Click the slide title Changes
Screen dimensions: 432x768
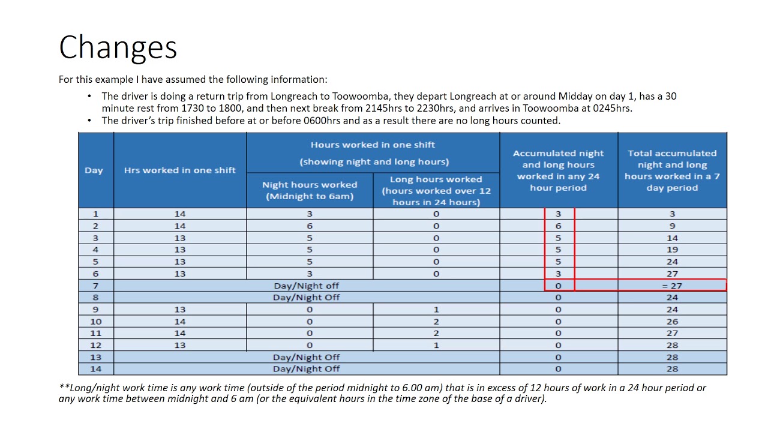pyautogui.click(x=118, y=47)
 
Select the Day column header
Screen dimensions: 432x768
pyautogui.click(x=94, y=170)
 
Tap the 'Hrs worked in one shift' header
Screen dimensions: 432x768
pyautogui.click(x=180, y=170)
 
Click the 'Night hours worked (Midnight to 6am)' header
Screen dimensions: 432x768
pyautogui.click(x=310, y=190)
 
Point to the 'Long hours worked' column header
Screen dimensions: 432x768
pyautogui.click(x=436, y=190)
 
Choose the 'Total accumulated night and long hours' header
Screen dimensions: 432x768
pyautogui.click(x=672, y=170)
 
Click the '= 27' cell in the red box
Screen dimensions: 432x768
pyautogui.click(x=672, y=286)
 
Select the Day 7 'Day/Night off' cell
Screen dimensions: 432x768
pyautogui.click(x=307, y=286)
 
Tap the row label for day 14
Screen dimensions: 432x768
pyautogui.click(x=95, y=369)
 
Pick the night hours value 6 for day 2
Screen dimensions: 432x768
pyautogui.click(x=310, y=226)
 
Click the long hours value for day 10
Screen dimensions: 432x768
pyautogui.click(x=436, y=322)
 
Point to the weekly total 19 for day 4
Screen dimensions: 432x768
pyautogui.click(x=672, y=250)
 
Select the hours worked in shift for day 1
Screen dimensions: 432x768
pyautogui.click(x=180, y=214)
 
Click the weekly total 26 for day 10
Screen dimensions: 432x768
pyautogui.click(x=672, y=322)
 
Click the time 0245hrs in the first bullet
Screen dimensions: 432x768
pyautogui.click(x=610, y=109)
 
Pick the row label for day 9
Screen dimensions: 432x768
pyautogui.click(x=95, y=310)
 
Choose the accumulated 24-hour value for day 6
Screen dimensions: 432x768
pyautogui.click(x=558, y=274)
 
